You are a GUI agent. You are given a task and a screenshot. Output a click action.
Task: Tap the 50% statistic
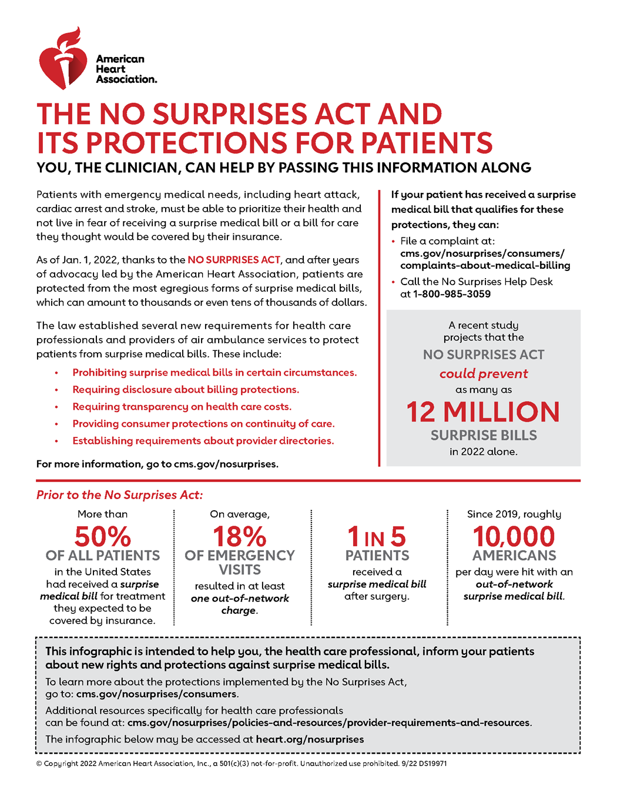pyautogui.click(x=102, y=536)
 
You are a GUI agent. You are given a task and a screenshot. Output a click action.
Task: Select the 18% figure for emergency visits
pyautogui.click(x=239, y=536)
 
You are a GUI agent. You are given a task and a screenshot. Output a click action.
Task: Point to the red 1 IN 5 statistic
pyautogui.click(x=377, y=537)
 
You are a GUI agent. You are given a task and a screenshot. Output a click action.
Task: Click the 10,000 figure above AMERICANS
pyautogui.click(x=514, y=536)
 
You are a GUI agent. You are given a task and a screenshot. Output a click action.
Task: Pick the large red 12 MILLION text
pyautogui.click(x=483, y=412)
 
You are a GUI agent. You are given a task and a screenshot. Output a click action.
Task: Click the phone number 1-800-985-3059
pyautogui.click(x=451, y=294)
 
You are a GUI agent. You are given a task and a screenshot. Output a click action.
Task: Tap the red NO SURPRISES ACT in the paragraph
pyautogui.click(x=233, y=260)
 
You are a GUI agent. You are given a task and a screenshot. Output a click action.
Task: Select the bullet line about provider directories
pyautogui.click(x=203, y=441)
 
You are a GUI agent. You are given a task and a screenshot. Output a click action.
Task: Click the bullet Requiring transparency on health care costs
pyautogui.click(x=182, y=407)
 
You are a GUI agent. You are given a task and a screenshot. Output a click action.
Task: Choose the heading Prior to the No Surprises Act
pyautogui.click(x=119, y=495)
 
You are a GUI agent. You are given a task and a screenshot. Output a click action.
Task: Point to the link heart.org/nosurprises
pyautogui.click(x=310, y=740)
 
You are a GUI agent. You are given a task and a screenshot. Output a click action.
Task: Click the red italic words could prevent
pyautogui.click(x=484, y=374)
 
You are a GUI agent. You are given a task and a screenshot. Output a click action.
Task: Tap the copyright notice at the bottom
pyautogui.click(x=242, y=764)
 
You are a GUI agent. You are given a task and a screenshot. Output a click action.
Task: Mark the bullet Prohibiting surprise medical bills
pyautogui.click(x=214, y=373)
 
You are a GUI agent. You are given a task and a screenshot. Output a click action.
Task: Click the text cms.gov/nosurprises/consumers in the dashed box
pyautogui.click(x=157, y=694)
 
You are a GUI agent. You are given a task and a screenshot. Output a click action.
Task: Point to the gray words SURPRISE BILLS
pyautogui.click(x=484, y=436)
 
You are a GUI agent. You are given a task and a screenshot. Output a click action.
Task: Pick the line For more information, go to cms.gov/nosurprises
pyautogui.click(x=157, y=464)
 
